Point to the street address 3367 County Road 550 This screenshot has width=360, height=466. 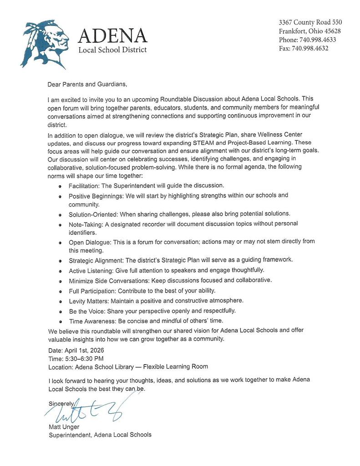click(310, 22)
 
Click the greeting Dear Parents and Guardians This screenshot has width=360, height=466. click(86, 84)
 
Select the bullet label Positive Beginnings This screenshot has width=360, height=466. click(95, 196)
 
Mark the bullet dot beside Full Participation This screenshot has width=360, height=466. click(61, 291)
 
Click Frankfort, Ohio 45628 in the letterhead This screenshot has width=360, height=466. click(310, 31)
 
